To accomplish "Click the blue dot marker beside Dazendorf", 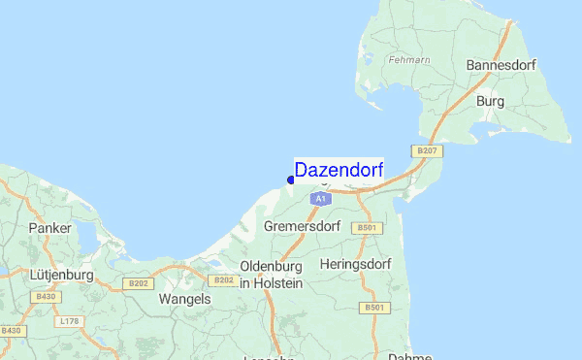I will pyautogui.click(x=291, y=180).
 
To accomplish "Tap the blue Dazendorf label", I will pyautogui.click(x=339, y=170).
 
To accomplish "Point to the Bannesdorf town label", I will pyautogui.click(x=501, y=64).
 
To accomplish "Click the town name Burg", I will pyautogui.click(x=491, y=100).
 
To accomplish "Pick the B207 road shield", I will pyautogui.click(x=426, y=150).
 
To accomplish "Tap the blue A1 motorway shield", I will pyautogui.click(x=319, y=198).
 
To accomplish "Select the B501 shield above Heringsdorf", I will pyautogui.click(x=366, y=227).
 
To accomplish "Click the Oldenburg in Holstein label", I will pyautogui.click(x=272, y=274).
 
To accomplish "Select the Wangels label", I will pyautogui.click(x=184, y=299).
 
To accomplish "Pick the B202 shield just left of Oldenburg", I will pyautogui.click(x=223, y=280).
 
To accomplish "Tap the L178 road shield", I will pyautogui.click(x=69, y=320).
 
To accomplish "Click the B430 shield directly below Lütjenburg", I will pyautogui.click(x=46, y=297).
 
